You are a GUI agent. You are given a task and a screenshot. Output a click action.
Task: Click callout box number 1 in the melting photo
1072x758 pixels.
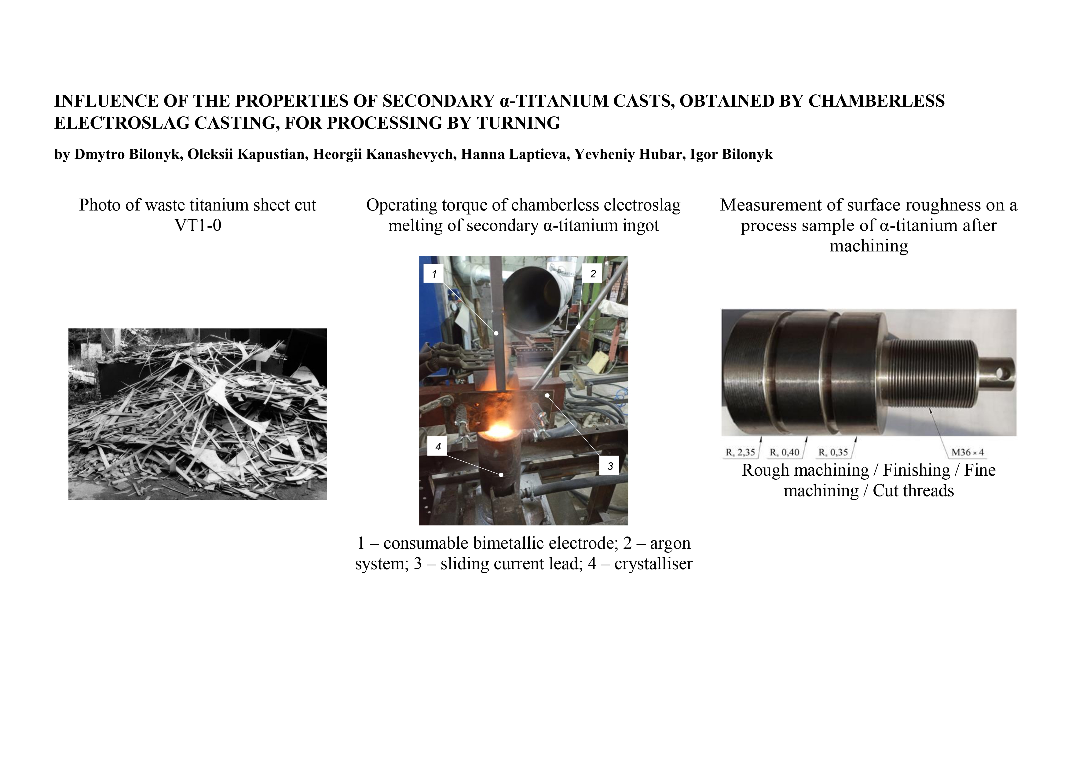[434, 274]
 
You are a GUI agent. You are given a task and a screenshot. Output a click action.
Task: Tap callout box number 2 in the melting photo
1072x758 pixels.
[592, 274]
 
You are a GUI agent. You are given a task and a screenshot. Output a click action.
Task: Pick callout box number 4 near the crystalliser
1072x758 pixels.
[437, 446]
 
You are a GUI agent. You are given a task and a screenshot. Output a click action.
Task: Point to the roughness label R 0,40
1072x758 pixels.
[785, 452]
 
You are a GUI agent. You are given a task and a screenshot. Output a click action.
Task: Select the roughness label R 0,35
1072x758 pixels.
[833, 452]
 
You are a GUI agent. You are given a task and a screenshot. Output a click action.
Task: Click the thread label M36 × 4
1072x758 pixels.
[968, 452]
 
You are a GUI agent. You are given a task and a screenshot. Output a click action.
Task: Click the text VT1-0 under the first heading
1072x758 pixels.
[198, 225]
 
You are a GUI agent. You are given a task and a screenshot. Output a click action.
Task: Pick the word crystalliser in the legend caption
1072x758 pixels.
[653, 564]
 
